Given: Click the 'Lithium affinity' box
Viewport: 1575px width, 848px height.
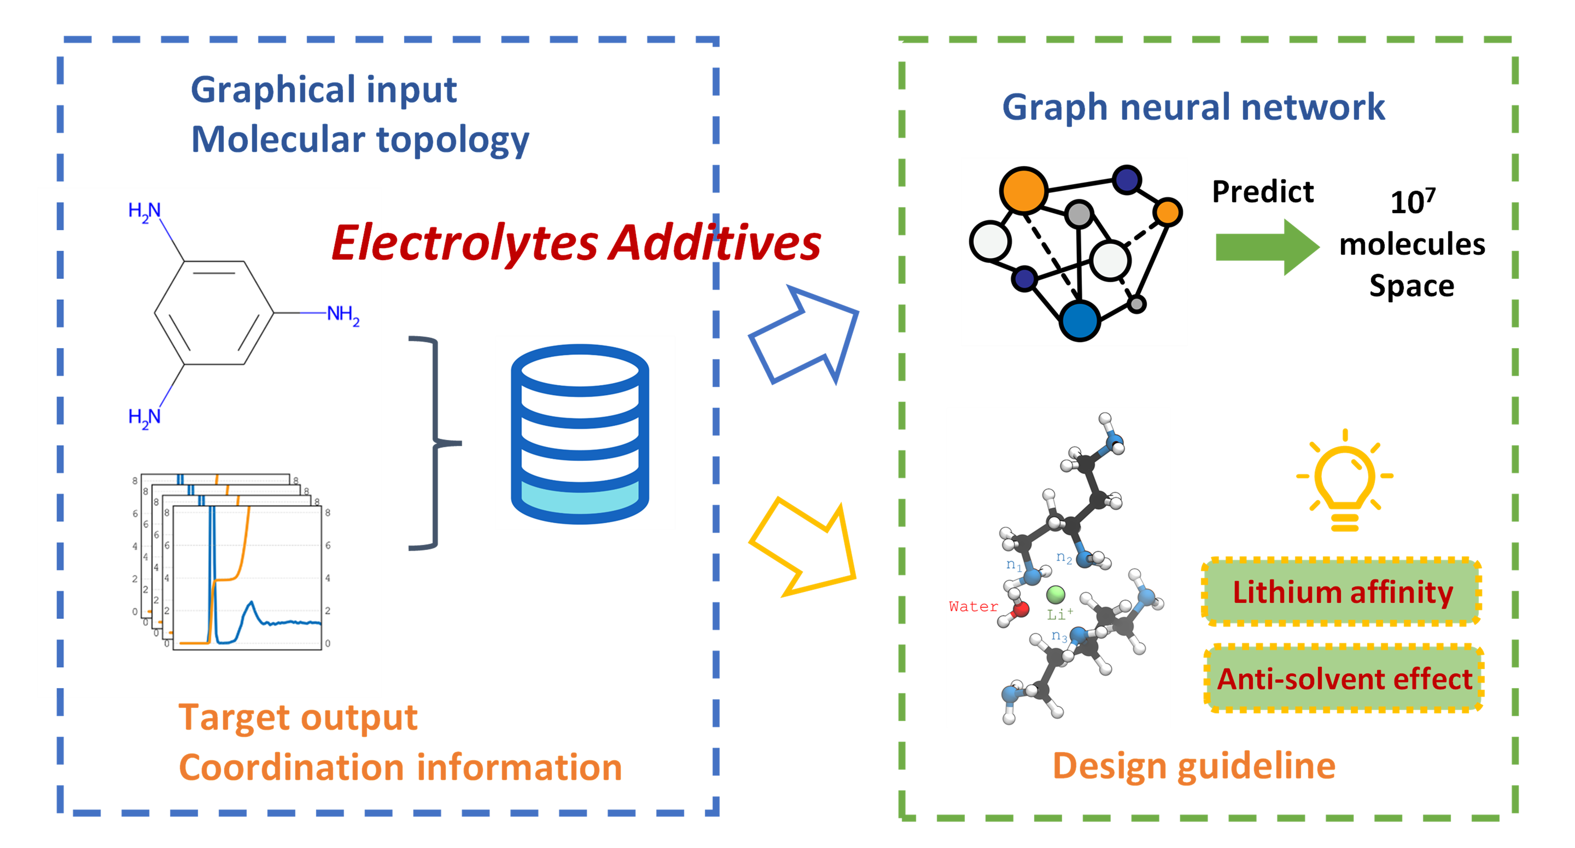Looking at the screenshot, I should [1342, 591].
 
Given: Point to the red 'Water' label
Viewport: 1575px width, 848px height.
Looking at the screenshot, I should [973, 606].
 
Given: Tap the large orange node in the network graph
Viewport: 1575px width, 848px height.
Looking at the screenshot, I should [1024, 190].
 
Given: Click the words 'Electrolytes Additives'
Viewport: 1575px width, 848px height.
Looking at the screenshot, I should [576, 242].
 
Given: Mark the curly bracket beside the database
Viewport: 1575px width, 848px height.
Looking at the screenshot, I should [434, 443].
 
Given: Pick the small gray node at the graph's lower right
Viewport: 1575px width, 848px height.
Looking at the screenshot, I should [1136, 304].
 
